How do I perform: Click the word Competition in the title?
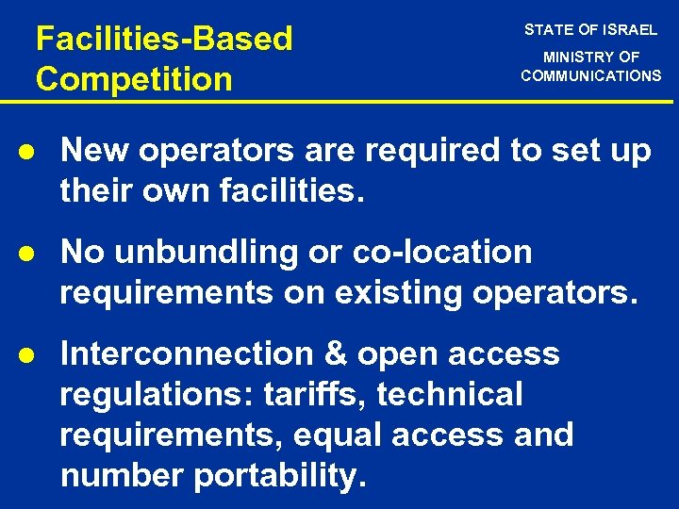tap(134, 78)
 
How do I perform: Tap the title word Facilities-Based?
tap(164, 40)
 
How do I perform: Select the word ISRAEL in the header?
tap(629, 30)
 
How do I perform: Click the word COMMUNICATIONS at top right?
tap(591, 75)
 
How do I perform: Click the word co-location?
tap(442, 253)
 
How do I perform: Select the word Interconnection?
tap(170, 354)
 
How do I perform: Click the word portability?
tap(279, 477)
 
